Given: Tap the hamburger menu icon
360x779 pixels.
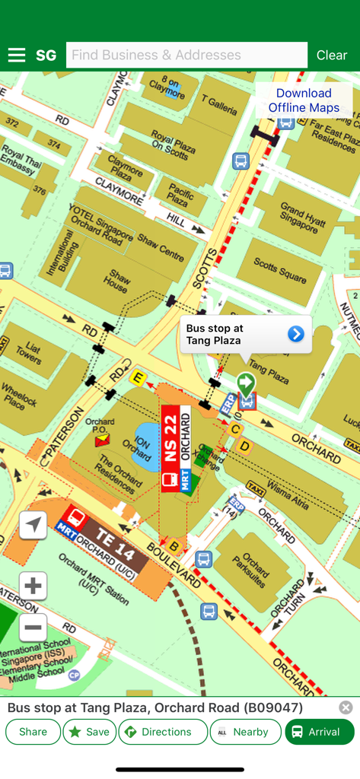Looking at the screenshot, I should pyautogui.click(x=17, y=56).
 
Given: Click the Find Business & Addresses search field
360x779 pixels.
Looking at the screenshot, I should pyautogui.click(x=186, y=56).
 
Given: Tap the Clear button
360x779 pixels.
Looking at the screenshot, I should pyautogui.click(x=331, y=56).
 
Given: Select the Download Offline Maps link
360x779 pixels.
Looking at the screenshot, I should pyautogui.click(x=304, y=100).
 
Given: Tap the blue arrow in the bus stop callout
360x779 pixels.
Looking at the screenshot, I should pyautogui.click(x=296, y=334).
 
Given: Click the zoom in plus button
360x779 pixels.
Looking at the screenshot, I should pyautogui.click(x=33, y=586).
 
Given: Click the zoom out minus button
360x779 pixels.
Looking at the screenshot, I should pyautogui.click(x=33, y=628).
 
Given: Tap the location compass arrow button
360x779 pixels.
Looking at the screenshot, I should pyautogui.click(x=33, y=525).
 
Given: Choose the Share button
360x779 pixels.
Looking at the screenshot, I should pyautogui.click(x=33, y=732).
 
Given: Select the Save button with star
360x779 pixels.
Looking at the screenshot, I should pyautogui.click(x=90, y=732).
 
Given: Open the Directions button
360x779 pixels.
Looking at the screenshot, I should pyautogui.click(x=163, y=732).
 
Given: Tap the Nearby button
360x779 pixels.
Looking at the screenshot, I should pyautogui.click(x=244, y=732).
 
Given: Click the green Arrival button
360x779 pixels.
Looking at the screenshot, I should pyautogui.click(x=320, y=732).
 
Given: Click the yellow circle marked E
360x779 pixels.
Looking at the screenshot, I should pyautogui.click(x=138, y=377).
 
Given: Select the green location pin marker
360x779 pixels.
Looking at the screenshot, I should pyautogui.click(x=245, y=383).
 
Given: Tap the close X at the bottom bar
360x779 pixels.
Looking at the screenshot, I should pyautogui.click(x=346, y=707).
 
